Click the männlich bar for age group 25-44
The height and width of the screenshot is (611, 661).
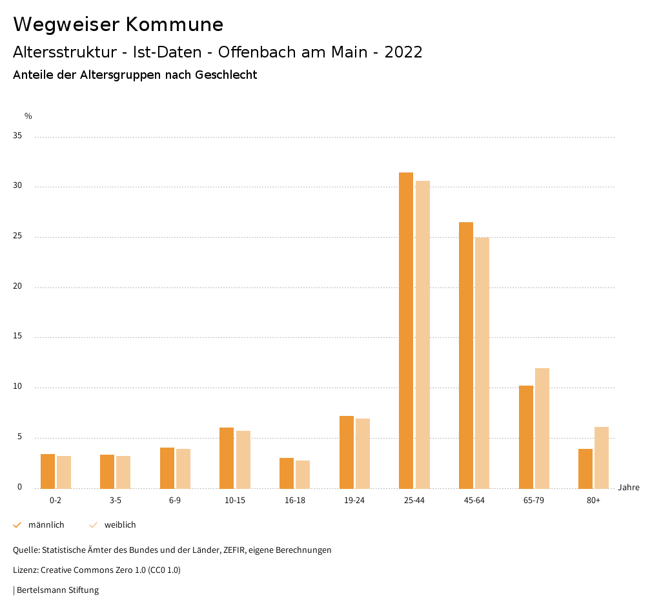(406, 330)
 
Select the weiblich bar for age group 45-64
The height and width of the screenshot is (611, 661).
(482, 363)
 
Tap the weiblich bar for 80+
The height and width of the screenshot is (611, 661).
(602, 457)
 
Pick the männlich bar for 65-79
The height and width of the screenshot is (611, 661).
(526, 437)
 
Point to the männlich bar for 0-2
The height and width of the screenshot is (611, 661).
(48, 471)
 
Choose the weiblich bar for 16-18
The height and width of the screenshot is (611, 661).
(303, 474)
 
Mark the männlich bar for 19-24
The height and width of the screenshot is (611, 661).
(347, 452)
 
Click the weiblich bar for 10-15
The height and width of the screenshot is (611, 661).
(243, 459)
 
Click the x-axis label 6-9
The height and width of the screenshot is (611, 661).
(175, 501)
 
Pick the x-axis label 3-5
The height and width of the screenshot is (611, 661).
(115, 501)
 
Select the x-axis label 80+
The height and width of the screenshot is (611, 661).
(594, 501)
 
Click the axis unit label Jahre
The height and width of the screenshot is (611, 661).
(629, 487)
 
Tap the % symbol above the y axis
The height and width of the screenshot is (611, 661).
(28, 116)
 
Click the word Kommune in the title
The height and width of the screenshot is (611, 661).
(174, 25)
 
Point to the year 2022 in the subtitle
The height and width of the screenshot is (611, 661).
(403, 52)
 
